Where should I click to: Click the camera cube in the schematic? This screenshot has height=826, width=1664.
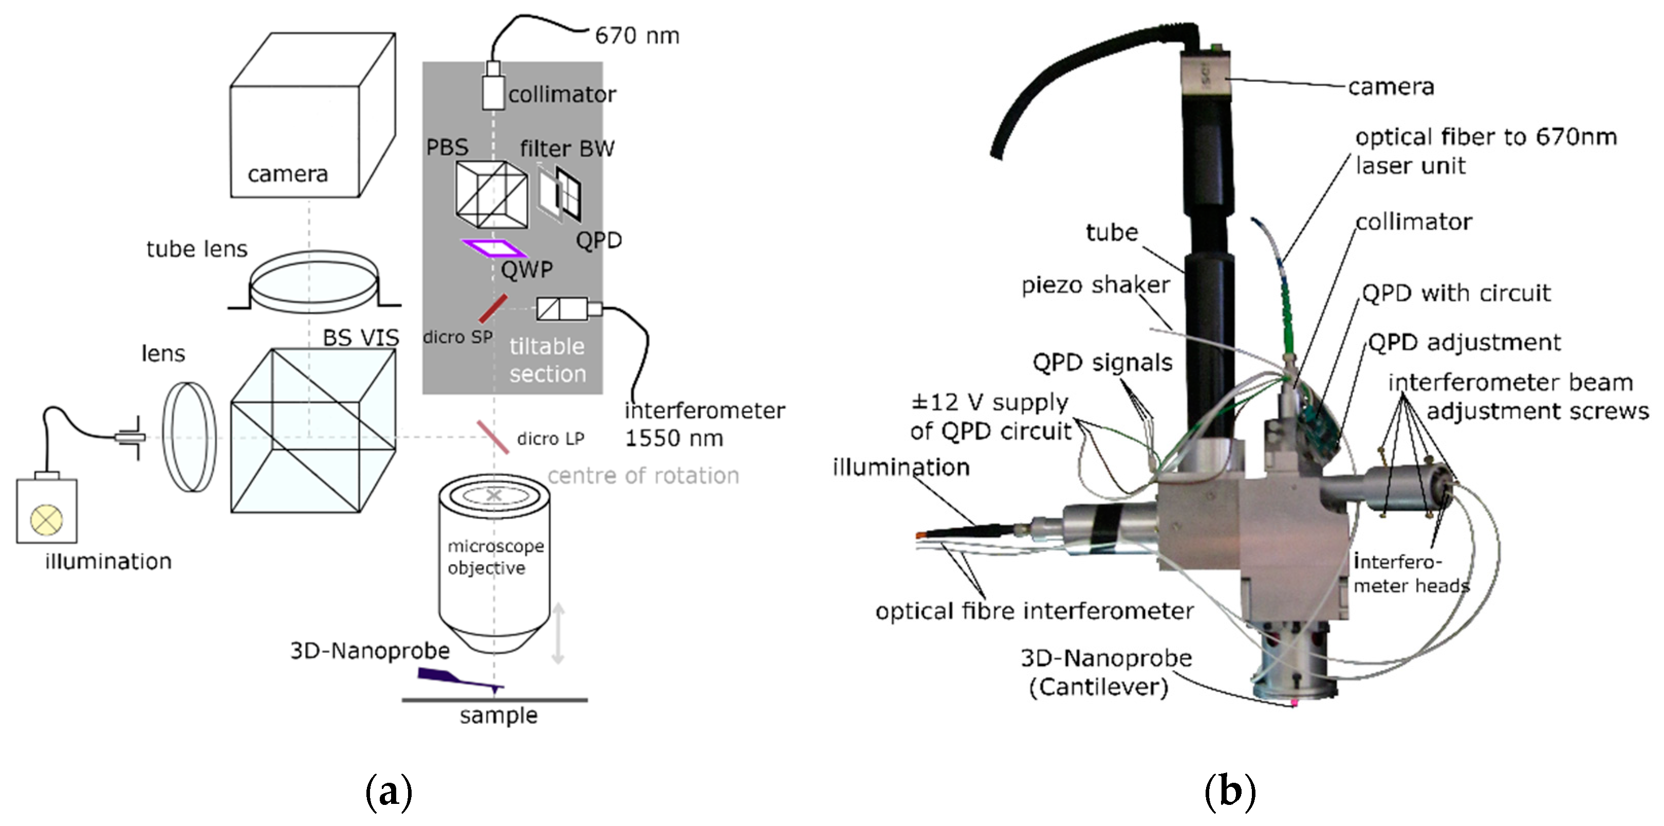(x=304, y=123)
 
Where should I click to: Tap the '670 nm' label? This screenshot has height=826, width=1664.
(x=637, y=36)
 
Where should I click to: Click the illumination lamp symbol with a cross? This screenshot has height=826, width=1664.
(x=47, y=519)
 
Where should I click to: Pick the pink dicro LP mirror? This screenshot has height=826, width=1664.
(x=493, y=436)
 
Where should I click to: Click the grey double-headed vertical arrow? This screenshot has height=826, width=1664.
(x=558, y=634)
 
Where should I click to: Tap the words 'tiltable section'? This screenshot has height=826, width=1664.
(x=547, y=360)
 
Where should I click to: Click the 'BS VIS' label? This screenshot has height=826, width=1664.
(x=360, y=337)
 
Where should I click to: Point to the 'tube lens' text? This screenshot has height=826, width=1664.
(x=197, y=249)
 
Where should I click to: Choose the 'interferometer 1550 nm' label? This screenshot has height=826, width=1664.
(x=704, y=424)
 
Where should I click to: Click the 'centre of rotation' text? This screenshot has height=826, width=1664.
(x=643, y=476)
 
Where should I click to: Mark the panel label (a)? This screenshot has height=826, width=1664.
(x=388, y=792)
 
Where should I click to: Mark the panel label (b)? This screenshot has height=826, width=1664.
(x=1229, y=792)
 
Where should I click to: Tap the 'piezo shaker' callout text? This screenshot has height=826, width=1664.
(x=1096, y=285)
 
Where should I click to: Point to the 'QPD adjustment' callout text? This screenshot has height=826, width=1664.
(x=1465, y=343)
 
